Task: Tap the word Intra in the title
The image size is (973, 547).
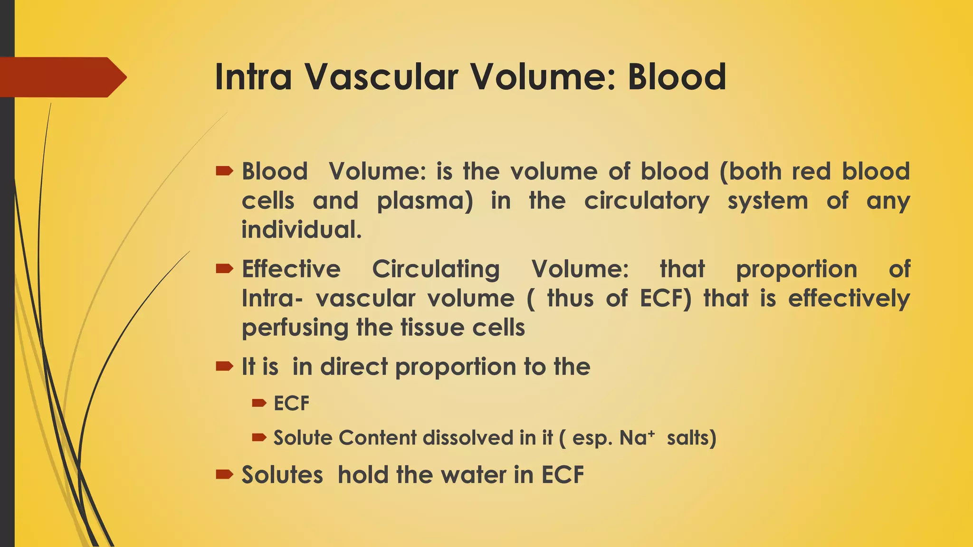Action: point(253,77)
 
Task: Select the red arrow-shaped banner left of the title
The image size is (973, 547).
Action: point(62,77)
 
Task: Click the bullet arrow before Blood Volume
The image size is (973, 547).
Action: point(224,171)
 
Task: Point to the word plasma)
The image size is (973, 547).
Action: point(425,201)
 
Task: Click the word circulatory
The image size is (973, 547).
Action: point(646,201)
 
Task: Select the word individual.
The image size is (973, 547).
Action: point(301,230)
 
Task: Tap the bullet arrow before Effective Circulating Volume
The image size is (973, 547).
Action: point(224,269)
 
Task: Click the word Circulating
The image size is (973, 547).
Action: point(435,269)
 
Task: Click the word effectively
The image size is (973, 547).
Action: point(849,299)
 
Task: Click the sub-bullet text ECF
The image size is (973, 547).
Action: point(291,404)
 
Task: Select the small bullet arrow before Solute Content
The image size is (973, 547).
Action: point(259,437)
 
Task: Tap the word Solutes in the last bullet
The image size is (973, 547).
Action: point(282,475)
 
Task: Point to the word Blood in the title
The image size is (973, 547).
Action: point(677,77)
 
